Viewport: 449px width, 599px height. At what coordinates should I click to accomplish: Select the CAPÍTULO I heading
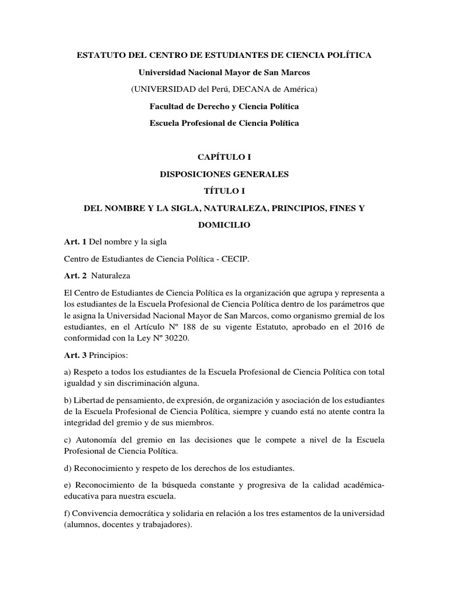tap(224, 157)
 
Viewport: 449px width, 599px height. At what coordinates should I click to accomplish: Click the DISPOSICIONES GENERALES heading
tap(224, 174)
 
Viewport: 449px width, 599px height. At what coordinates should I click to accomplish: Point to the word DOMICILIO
tap(224, 225)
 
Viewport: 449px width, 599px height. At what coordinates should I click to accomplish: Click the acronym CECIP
tap(235, 259)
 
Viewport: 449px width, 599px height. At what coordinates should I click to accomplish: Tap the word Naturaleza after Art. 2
tap(115, 276)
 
